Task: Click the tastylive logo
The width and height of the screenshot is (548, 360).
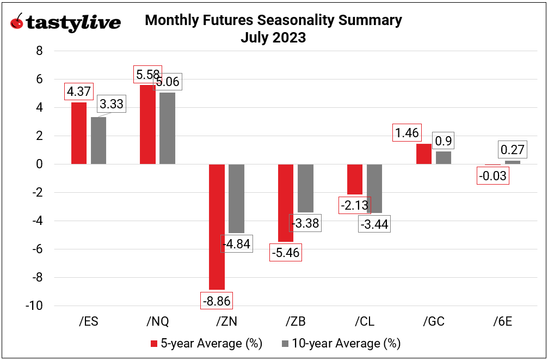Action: coord(65,23)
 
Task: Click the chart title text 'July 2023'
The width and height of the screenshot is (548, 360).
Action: coord(273,38)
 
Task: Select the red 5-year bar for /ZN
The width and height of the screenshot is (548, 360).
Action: coord(217,227)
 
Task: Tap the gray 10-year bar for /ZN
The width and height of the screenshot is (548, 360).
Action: coord(236,199)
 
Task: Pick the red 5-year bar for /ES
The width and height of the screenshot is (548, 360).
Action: coord(79,133)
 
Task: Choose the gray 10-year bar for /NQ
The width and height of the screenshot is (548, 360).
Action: coord(168,129)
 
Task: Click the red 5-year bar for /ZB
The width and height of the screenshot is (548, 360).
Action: coord(286,203)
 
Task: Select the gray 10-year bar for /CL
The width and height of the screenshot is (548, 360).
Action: coord(374,188)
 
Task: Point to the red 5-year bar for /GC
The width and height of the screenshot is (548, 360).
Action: coord(423,154)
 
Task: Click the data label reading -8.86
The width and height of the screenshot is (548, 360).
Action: coord(217,300)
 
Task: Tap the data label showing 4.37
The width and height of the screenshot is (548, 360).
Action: coord(79,91)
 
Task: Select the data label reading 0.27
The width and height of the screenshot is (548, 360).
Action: coord(512,149)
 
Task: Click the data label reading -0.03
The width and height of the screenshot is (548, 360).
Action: coord(492,176)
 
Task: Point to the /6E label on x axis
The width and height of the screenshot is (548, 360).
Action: coord(502,321)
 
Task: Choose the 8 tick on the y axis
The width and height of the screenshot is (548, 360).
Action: coord(40,51)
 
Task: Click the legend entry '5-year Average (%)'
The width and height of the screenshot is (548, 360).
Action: coord(206,344)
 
